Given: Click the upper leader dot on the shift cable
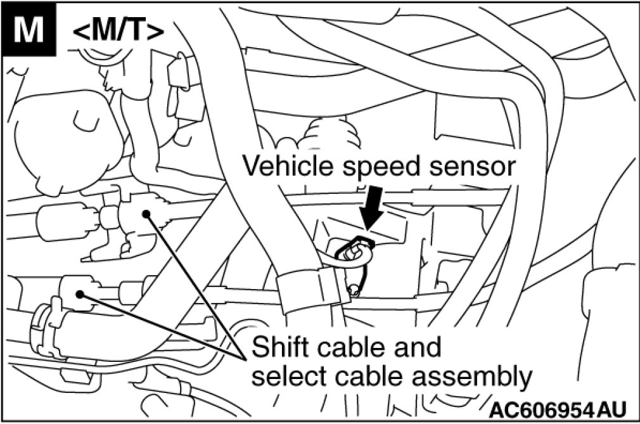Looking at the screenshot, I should click(147, 214).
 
